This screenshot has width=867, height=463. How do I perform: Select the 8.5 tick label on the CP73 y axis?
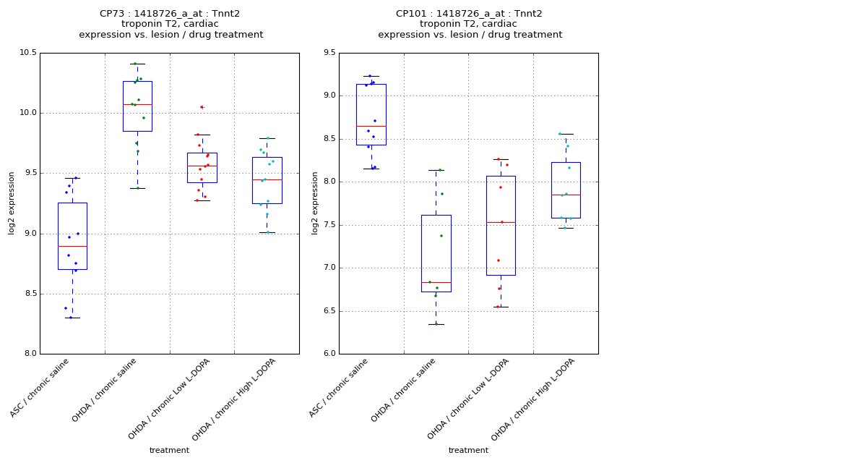pyautogui.click(x=30, y=294)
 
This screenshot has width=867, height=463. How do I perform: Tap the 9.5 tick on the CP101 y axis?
pyautogui.click(x=329, y=53)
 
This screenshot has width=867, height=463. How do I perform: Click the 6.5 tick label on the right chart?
pyautogui.click(x=329, y=311)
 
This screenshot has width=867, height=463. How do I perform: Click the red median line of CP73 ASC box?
pyautogui.click(x=72, y=246)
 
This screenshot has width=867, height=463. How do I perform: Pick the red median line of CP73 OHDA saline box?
pyautogui.click(x=137, y=104)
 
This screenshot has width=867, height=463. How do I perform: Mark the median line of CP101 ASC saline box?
pyautogui.click(x=371, y=126)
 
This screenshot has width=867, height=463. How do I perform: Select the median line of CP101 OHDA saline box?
pyautogui.click(x=436, y=282)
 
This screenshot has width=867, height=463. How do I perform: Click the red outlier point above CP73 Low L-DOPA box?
pyautogui.click(x=202, y=107)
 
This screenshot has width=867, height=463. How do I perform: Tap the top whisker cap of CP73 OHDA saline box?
pyautogui.click(x=137, y=64)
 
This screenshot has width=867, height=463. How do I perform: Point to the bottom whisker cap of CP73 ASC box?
pyautogui.click(x=72, y=318)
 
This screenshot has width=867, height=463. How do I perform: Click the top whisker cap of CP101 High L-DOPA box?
pyautogui.click(x=566, y=134)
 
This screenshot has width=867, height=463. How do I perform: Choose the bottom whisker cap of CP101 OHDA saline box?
pyautogui.click(x=436, y=324)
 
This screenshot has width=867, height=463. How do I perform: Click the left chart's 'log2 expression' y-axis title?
pyautogui.click(x=12, y=203)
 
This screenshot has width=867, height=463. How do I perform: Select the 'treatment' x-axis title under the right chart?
pyautogui.click(x=468, y=450)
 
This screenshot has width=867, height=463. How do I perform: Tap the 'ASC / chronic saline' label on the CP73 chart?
pyautogui.click(x=40, y=388)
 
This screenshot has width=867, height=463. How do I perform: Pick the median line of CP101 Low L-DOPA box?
pyautogui.click(x=501, y=222)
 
